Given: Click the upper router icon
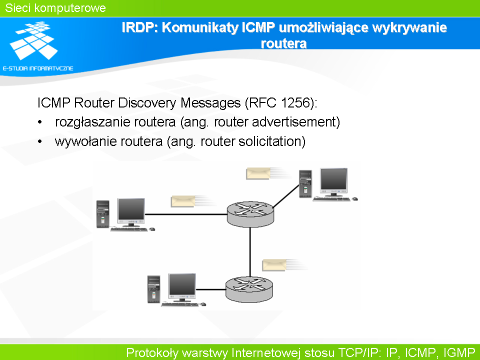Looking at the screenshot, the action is click(250, 214).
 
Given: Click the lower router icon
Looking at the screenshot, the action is click(249, 289).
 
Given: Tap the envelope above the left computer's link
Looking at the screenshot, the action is click(183, 201).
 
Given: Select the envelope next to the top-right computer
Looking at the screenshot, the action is click(258, 173).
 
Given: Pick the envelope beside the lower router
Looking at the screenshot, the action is click(274, 265).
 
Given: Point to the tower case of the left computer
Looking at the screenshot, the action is click(103, 214).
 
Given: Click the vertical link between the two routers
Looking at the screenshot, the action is click(250, 252).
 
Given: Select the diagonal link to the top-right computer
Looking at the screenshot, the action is click(286, 196).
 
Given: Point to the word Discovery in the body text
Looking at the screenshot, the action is click(147, 103).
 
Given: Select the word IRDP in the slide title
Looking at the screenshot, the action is click(139, 27).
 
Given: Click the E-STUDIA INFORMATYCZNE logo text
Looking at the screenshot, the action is click(38, 68).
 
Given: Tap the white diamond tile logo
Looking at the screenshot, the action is click(34, 40).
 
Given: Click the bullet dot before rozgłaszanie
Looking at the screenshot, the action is click(40, 122).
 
